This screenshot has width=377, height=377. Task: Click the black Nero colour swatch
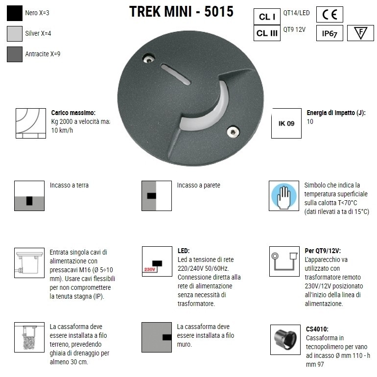tap(15, 13)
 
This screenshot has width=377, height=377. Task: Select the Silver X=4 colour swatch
tap(15, 33)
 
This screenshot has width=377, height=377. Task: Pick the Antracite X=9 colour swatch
tap(15, 54)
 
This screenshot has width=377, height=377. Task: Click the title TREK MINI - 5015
tap(181, 12)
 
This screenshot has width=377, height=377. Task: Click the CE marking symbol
tap(330, 15)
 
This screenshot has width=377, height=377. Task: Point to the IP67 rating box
tap(330, 33)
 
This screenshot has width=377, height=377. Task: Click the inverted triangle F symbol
tap(360, 33)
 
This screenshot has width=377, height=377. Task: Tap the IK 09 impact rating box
tap(286, 123)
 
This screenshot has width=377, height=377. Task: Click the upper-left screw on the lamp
tap(147, 59)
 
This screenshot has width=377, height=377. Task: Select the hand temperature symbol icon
tap(284, 196)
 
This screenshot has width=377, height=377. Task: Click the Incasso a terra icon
tap(29, 196)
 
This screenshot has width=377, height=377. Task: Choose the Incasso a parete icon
tap(157, 196)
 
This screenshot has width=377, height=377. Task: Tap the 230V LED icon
tap(157, 261)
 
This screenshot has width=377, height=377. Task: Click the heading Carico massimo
tap(73, 113)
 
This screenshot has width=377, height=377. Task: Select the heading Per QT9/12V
tap(323, 250)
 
